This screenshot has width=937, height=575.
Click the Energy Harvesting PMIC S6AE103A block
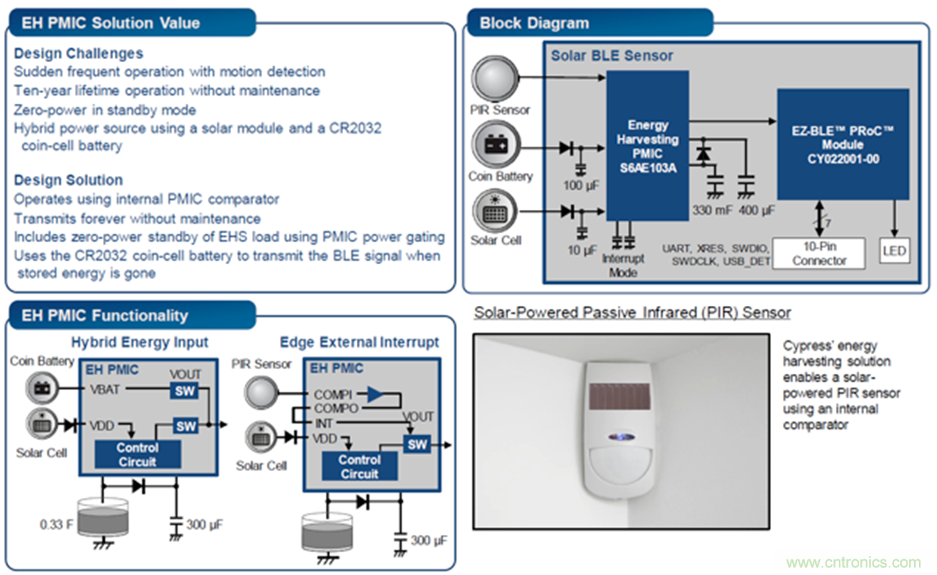(647, 146)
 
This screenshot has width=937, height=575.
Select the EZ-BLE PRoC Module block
(842, 144)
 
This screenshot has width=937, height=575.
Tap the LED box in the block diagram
(894, 250)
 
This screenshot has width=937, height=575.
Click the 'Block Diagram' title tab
(534, 23)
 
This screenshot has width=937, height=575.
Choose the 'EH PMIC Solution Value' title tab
(110, 23)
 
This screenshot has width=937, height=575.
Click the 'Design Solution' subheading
(68, 180)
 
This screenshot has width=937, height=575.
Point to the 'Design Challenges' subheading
(79, 53)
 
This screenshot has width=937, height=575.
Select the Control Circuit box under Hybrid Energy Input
(137, 454)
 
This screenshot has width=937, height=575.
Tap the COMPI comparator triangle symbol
(374, 394)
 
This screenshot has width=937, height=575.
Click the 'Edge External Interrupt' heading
(359, 342)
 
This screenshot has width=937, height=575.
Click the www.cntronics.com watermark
(853, 563)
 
